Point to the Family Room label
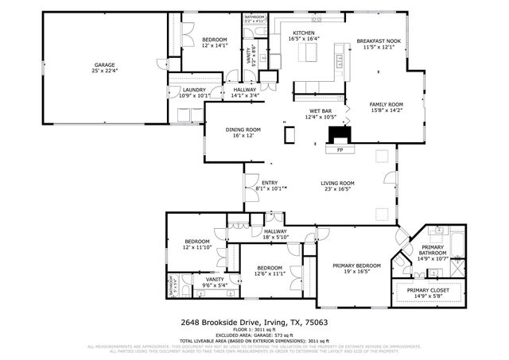tap(386, 104)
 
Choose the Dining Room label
tap(243, 130)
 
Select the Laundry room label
tap(194, 91)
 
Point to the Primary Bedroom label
tap(345, 265)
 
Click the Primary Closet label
tap(429, 290)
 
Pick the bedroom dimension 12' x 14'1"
tap(214, 46)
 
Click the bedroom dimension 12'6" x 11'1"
tap(270, 274)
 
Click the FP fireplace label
tap(340, 149)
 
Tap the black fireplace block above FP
tap(340, 132)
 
